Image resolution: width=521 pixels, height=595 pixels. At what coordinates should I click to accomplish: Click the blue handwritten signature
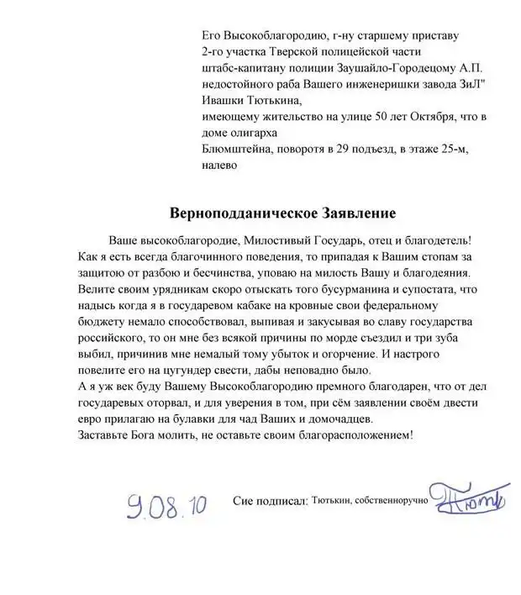[466, 495]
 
